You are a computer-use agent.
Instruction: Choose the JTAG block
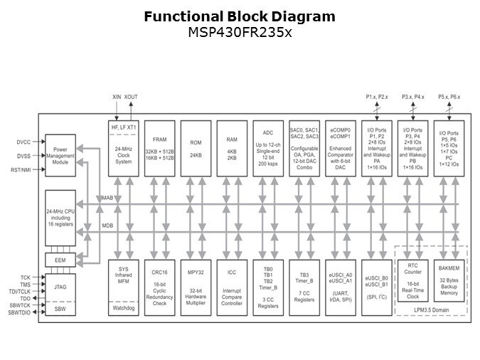[60, 287]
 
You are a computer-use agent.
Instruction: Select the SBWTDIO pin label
[20, 313]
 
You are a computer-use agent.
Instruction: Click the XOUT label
[132, 96]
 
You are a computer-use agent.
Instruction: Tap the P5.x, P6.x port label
[449, 96]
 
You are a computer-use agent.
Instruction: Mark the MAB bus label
[107, 196]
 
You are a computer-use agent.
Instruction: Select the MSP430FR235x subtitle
[240, 32]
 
